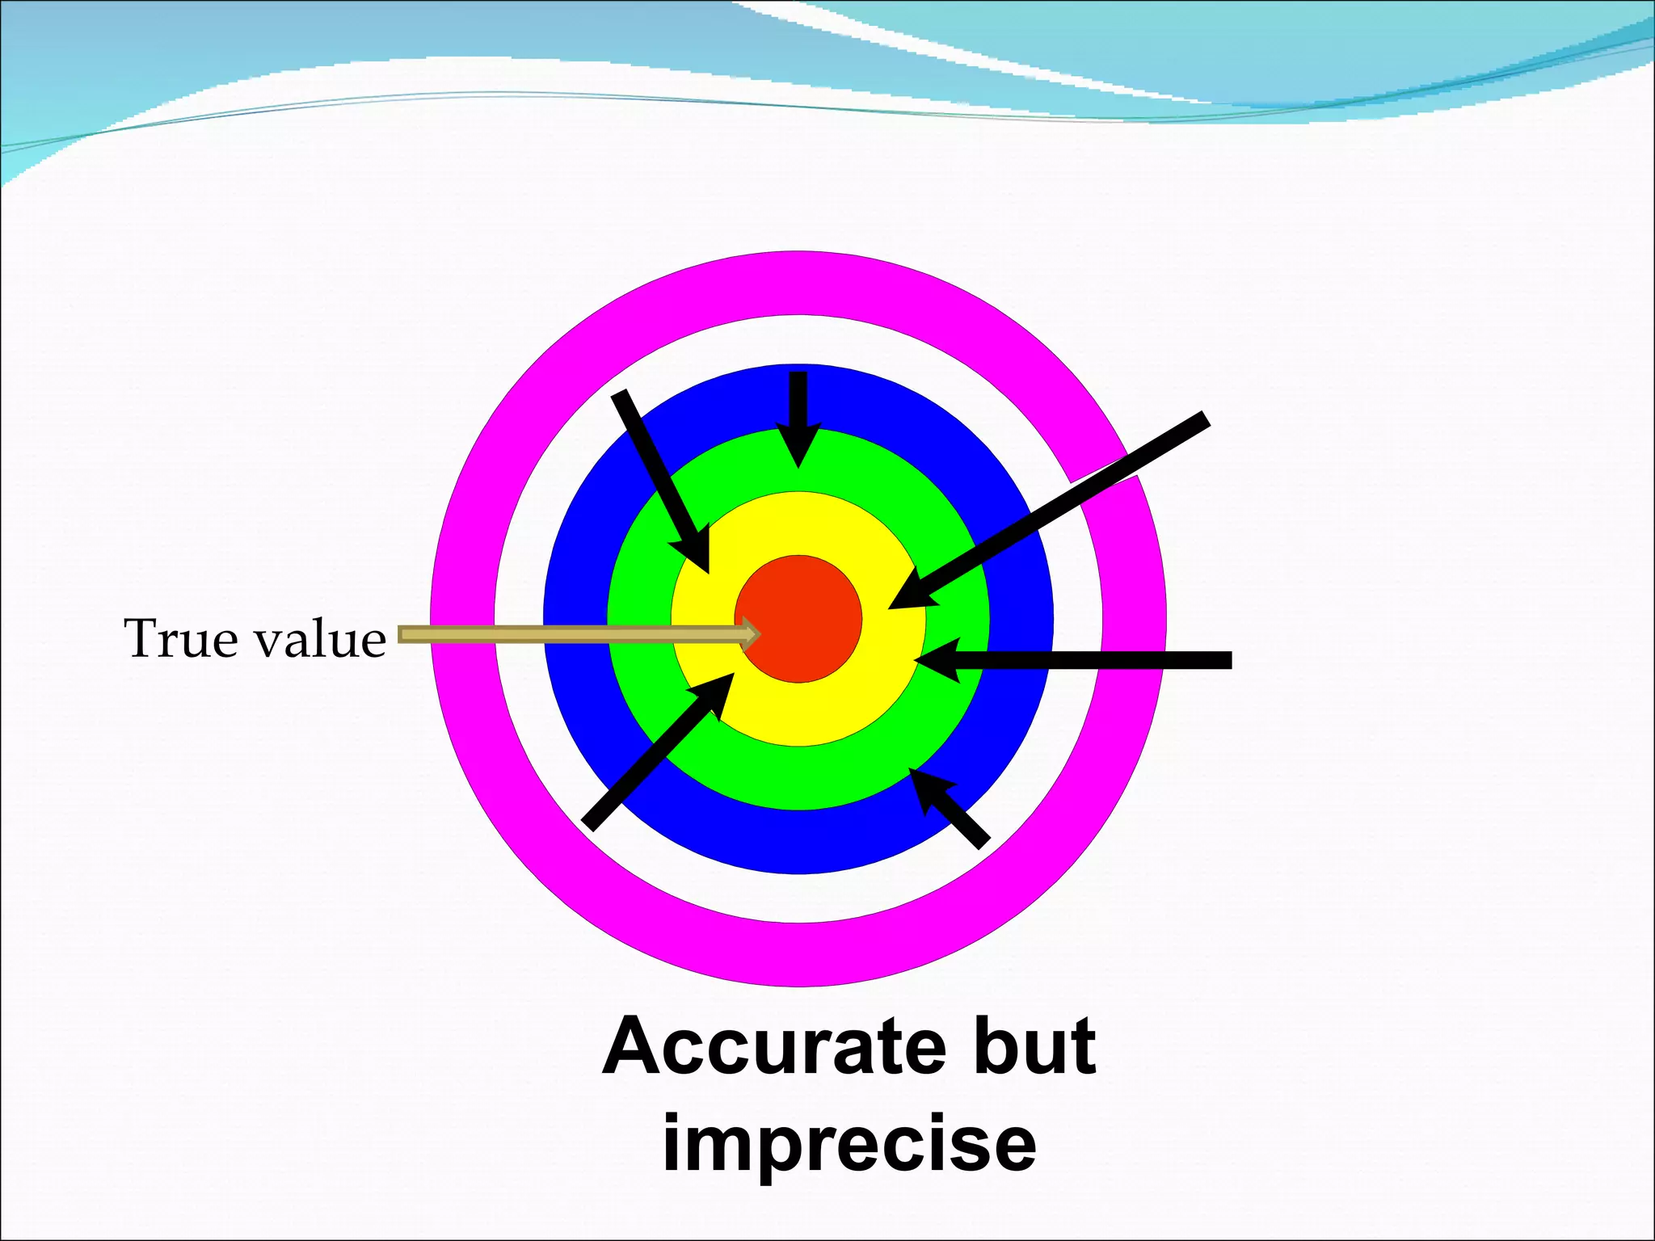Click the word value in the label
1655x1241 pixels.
[321, 639]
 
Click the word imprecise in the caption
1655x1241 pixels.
[849, 1146]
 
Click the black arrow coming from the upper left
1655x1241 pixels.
[659, 477]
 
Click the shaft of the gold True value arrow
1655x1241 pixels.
[566, 635]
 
